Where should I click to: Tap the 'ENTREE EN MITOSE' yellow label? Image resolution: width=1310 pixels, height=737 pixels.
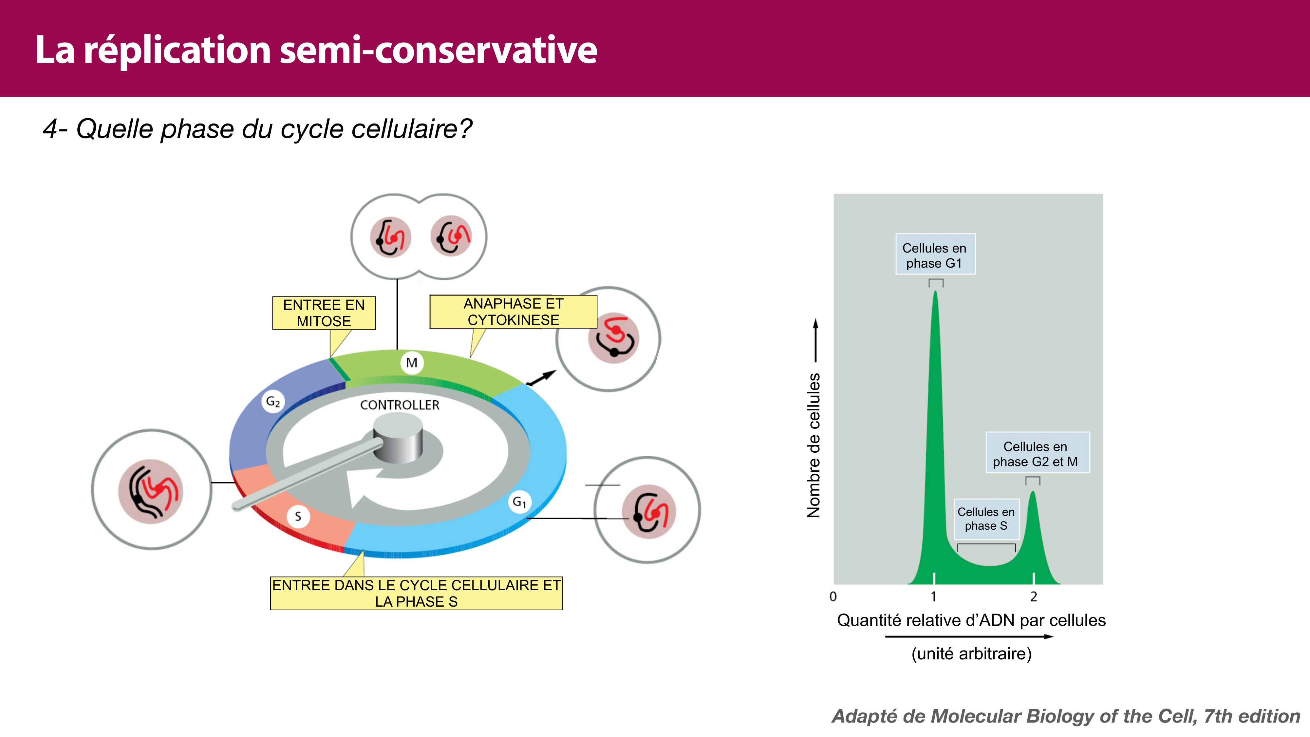coord(324,313)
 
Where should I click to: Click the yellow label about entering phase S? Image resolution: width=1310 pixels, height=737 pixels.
coord(416,593)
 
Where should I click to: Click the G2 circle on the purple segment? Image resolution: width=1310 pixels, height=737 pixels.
coord(273,402)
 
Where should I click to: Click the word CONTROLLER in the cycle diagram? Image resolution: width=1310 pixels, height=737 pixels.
coord(400,405)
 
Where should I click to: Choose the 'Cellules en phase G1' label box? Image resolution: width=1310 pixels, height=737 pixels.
coord(935,255)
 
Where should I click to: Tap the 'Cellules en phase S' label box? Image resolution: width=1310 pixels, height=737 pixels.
coord(986,519)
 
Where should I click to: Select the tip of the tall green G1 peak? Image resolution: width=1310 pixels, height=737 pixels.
coord(935,293)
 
